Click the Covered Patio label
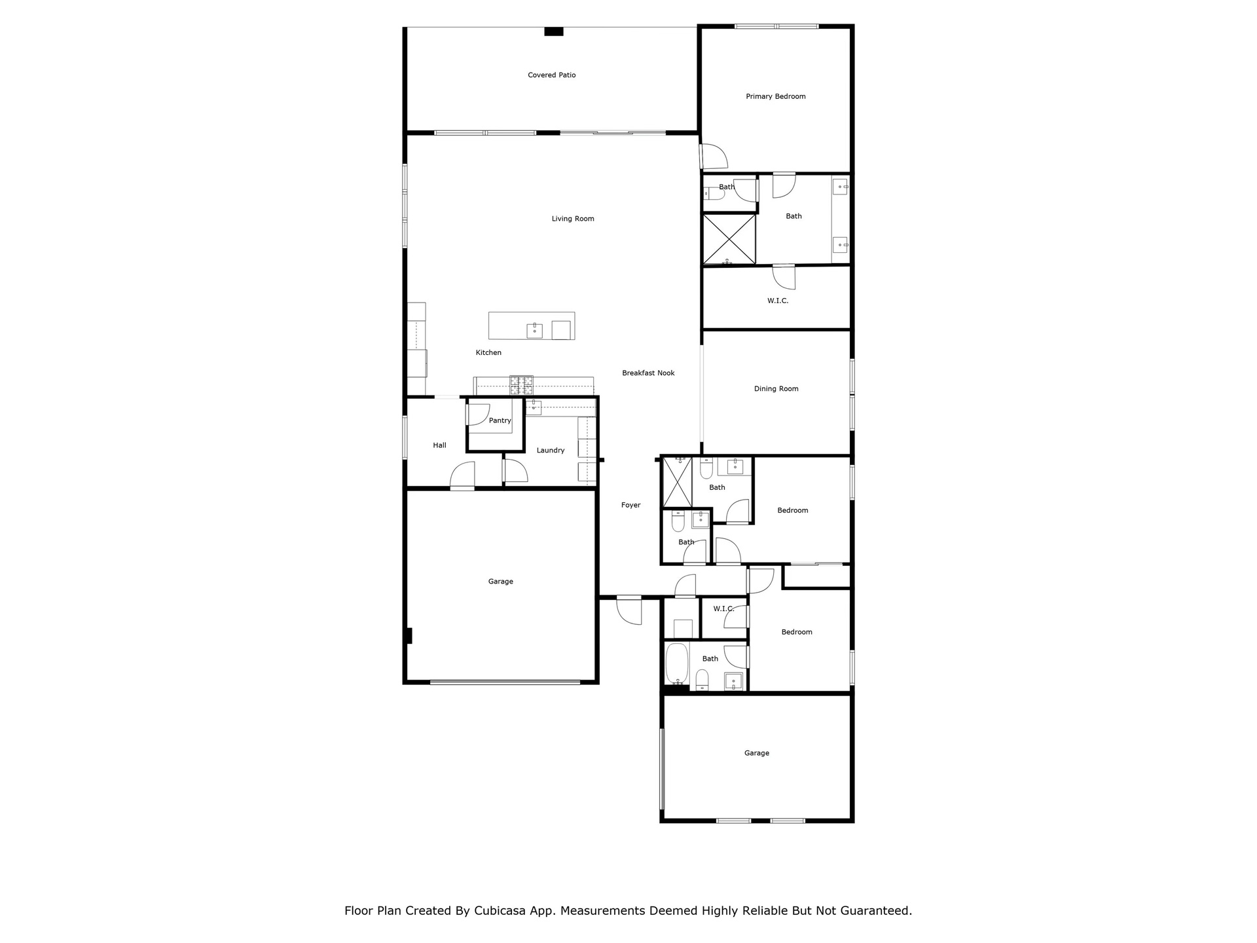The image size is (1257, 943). click(552, 75)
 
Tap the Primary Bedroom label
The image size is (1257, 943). click(776, 97)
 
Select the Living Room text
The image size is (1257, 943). click(573, 219)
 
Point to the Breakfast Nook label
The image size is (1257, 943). click(648, 373)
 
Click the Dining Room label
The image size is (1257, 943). click(776, 389)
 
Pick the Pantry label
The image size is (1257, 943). click(500, 421)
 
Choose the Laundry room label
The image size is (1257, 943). click(551, 451)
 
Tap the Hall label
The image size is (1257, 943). click(439, 445)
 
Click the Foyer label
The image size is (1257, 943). click(631, 506)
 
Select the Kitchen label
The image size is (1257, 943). click(488, 353)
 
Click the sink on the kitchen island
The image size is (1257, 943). click(535, 331)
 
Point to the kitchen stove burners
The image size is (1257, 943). click(522, 385)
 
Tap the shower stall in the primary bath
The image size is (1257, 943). click(729, 239)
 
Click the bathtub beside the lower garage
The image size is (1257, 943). click(677, 664)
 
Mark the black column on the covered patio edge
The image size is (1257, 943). click(554, 31)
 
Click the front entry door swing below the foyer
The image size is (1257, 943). click(629, 610)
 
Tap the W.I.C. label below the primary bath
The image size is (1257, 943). click(778, 301)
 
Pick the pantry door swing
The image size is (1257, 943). click(477, 415)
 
